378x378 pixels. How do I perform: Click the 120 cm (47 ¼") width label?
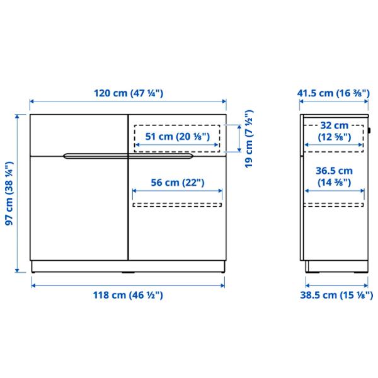[x=129, y=93]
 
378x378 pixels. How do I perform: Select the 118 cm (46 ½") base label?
[x=129, y=295]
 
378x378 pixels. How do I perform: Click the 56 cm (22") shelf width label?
[x=177, y=183]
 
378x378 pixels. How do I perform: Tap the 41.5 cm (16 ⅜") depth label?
[x=333, y=93]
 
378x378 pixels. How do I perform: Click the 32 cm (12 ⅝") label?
[x=333, y=130]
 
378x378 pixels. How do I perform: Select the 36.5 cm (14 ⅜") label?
[x=333, y=176]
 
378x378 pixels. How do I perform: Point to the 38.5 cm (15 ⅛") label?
[x=333, y=295]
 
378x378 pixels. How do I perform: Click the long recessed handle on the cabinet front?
[x=129, y=154]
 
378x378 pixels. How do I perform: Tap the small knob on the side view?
[x=372, y=132]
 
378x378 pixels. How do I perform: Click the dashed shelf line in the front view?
[x=177, y=204]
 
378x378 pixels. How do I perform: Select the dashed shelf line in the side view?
[x=333, y=204]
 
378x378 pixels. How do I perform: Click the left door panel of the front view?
[x=79, y=208]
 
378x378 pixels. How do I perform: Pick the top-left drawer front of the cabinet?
[x=79, y=134]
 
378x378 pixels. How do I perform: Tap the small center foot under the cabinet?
[x=129, y=273]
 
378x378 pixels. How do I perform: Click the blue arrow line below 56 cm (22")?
[x=177, y=191]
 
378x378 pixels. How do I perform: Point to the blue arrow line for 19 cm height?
[x=239, y=138]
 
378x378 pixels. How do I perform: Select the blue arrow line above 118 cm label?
[x=129, y=285]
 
